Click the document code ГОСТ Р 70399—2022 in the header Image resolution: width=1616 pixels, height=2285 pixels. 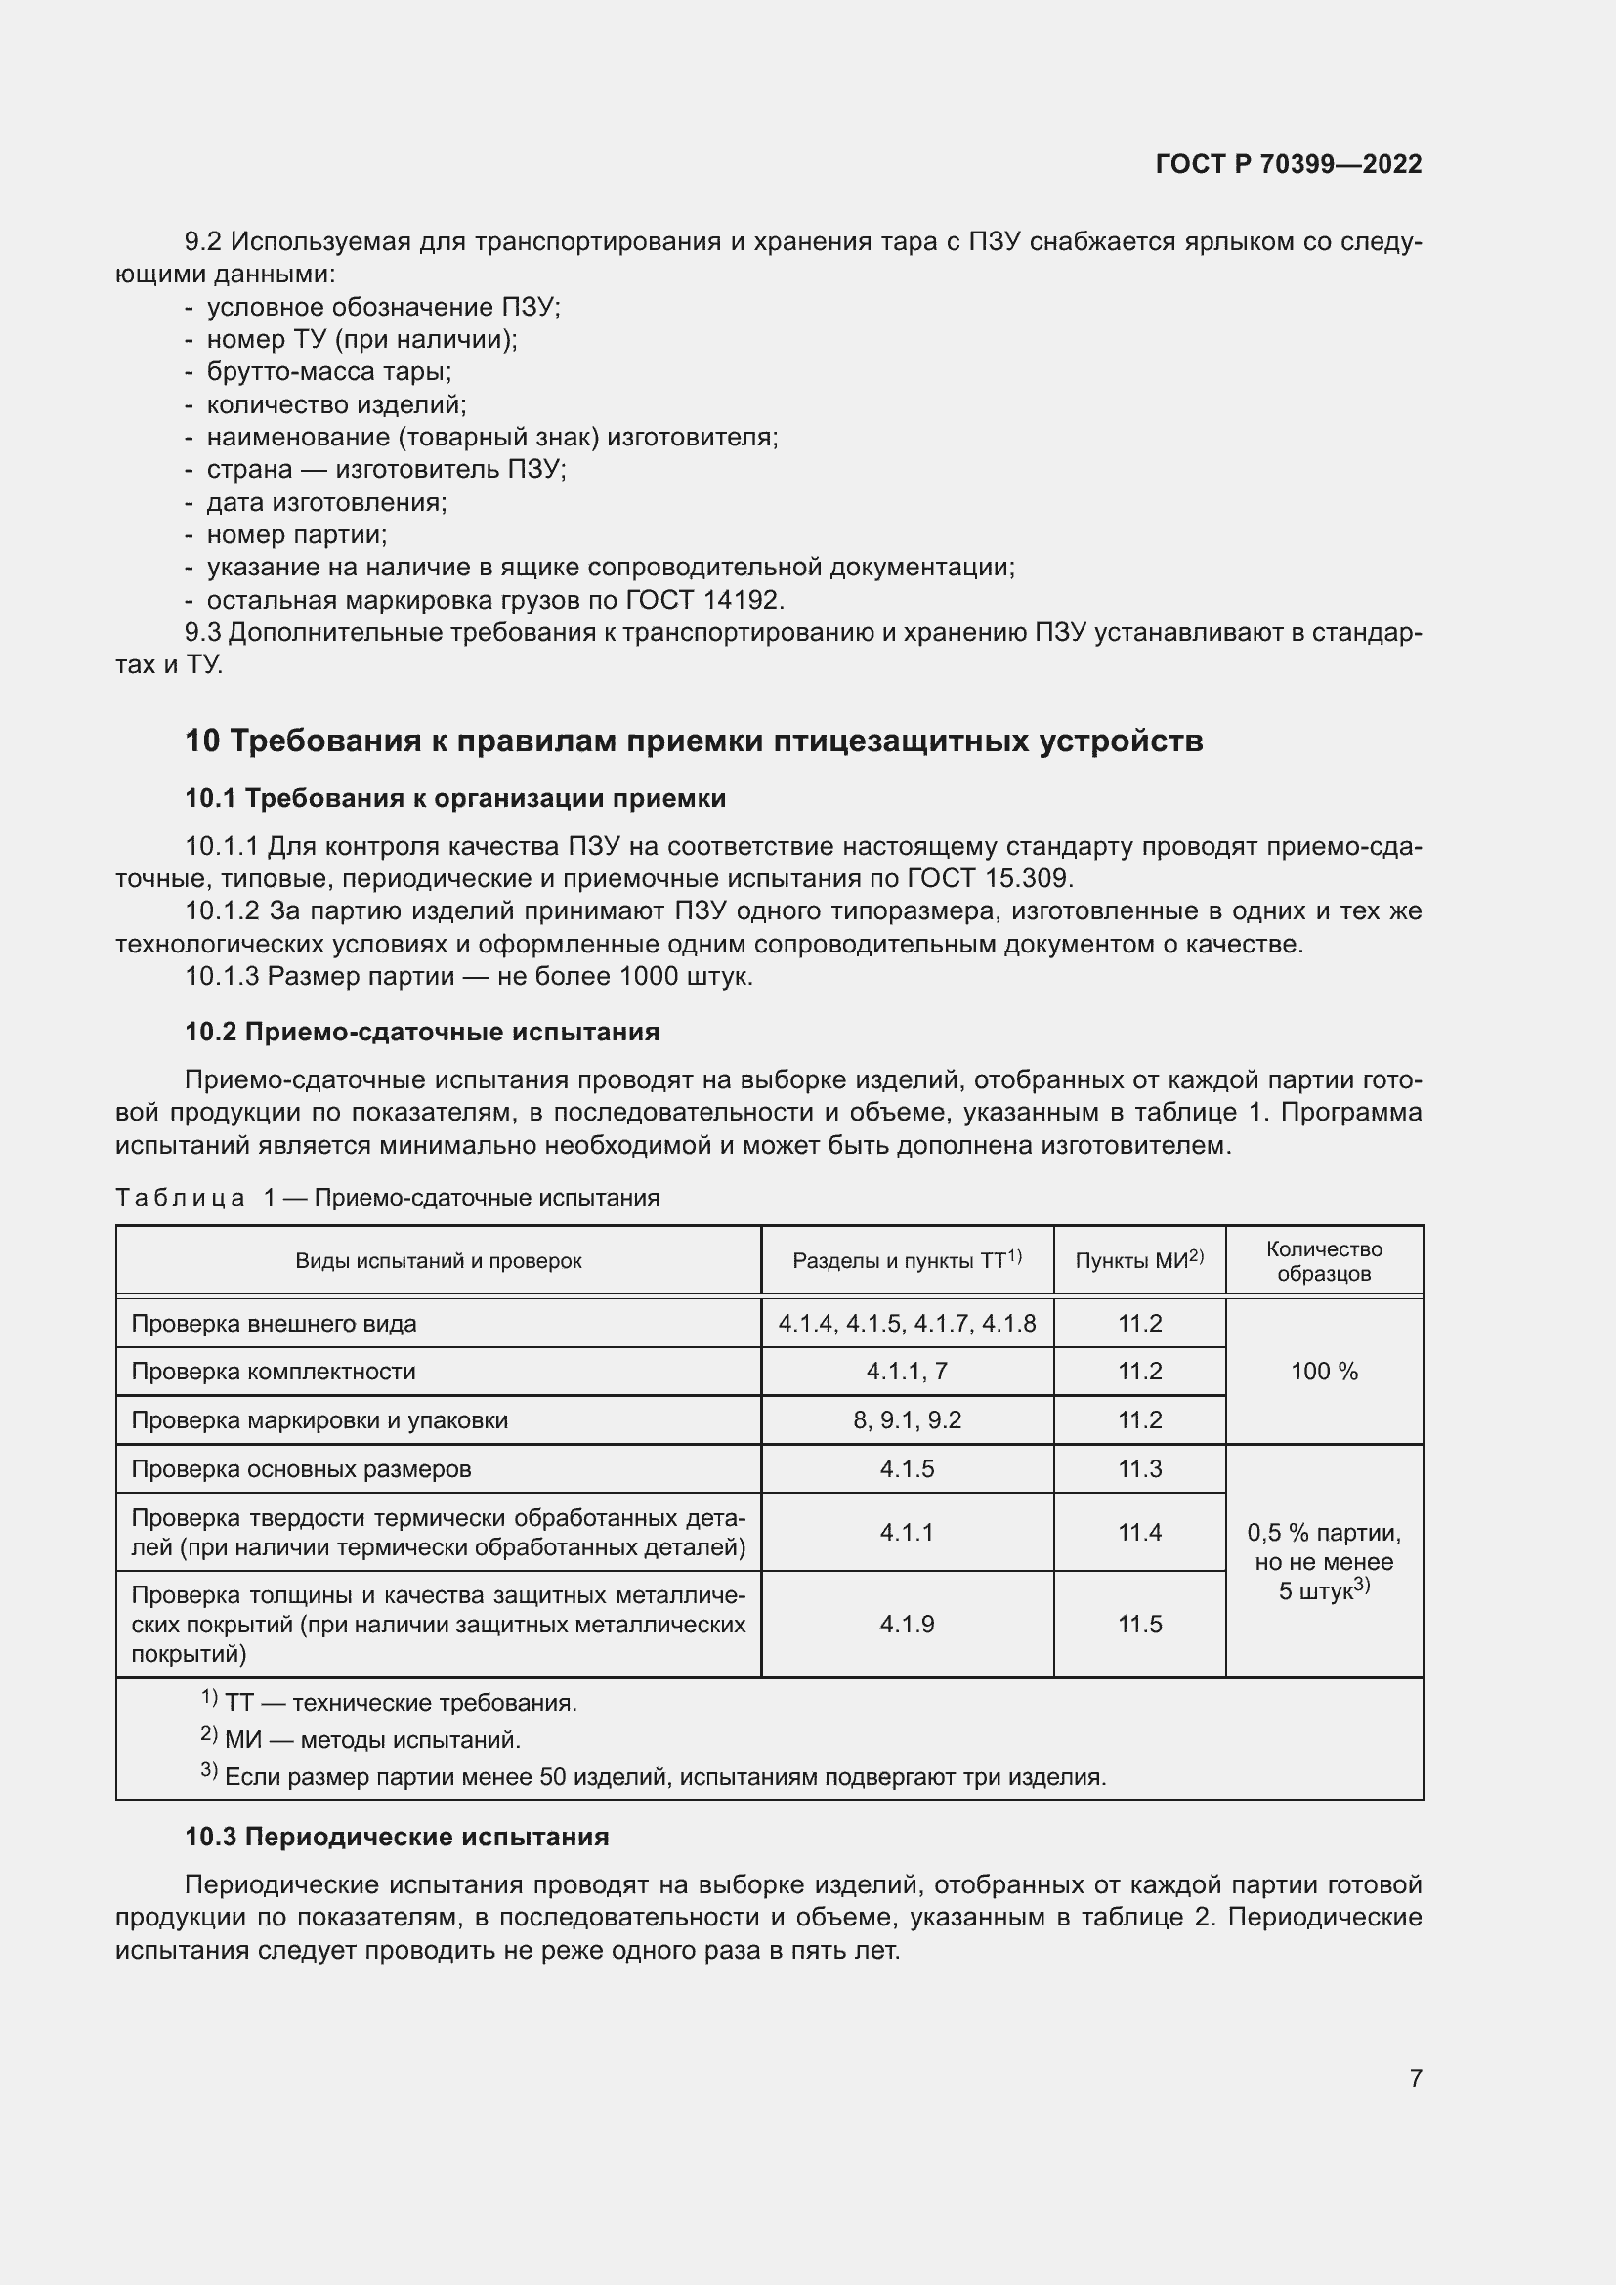pyautogui.click(x=1288, y=164)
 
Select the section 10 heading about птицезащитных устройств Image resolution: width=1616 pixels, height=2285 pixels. pyautogui.click(x=694, y=741)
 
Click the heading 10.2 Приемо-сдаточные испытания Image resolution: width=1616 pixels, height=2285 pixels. pyautogui.click(x=422, y=1031)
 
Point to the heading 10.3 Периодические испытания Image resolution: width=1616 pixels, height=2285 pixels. pyautogui.click(x=397, y=1837)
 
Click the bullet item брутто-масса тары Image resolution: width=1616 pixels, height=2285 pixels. pyautogui.click(x=328, y=371)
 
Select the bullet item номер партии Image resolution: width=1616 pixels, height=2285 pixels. pyautogui.click(x=297, y=534)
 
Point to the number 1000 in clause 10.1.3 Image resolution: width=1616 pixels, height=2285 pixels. pyautogui.click(x=649, y=976)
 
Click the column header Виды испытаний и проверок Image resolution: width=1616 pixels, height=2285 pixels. pyautogui.click(x=438, y=1261)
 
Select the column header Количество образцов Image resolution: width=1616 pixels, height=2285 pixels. pyautogui.click(x=1324, y=1261)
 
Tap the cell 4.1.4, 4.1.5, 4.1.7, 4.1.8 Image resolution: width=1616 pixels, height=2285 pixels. pyautogui.click(x=907, y=1324)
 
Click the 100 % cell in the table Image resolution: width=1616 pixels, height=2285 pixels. pyautogui.click(x=1324, y=1372)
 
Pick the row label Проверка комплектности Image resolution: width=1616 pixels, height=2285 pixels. pyautogui.click(x=274, y=1372)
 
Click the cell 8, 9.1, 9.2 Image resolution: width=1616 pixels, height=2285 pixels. pyautogui.click(x=907, y=1420)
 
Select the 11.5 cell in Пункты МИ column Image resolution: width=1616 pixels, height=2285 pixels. pyautogui.click(x=1139, y=1625)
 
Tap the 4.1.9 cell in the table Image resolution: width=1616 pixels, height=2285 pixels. pyautogui.click(x=907, y=1625)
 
